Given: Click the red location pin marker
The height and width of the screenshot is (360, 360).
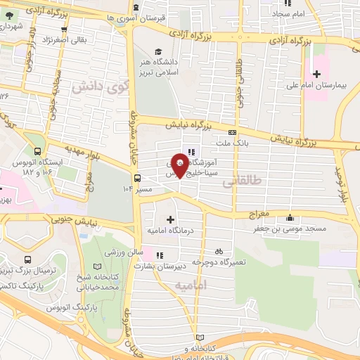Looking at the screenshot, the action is pyautogui.click(x=179, y=164).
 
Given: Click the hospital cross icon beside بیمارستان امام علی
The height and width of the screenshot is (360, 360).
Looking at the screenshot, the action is pyautogui.click(x=316, y=73).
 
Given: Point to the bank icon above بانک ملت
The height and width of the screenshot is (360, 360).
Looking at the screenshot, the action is pyautogui.click(x=232, y=132).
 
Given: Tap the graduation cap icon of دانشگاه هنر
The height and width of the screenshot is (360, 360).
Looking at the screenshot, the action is pyautogui.click(x=159, y=51).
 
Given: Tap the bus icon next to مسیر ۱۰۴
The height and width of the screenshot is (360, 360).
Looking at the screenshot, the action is pyautogui.click(x=137, y=178).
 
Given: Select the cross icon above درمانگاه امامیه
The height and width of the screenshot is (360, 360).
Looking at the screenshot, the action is pyautogui.click(x=169, y=219).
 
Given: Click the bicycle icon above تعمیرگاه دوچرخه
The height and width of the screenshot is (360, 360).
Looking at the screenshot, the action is pyautogui.click(x=218, y=251).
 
